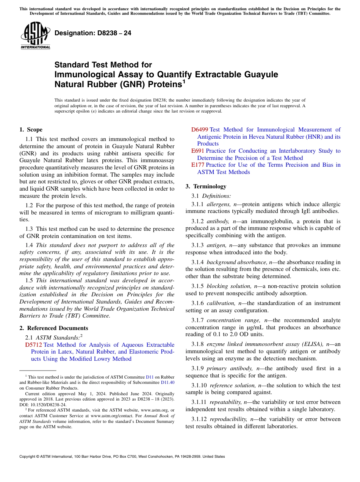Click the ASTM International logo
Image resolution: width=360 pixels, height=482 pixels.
click(x=35, y=36)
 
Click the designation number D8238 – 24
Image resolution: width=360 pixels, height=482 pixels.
click(x=93, y=33)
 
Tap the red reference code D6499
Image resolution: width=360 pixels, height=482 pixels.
click(x=199, y=130)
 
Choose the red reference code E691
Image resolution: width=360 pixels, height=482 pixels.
click(x=197, y=151)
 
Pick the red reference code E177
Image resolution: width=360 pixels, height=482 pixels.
click(x=197, y=165)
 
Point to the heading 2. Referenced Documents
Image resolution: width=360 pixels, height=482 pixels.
click(x=53, y=328)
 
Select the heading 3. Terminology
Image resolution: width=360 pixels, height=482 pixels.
click(x=206, y=186)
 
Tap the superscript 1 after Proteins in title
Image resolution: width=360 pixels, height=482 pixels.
click(x=184, y=81)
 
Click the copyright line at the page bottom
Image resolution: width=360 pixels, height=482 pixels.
click(x=122, y=457)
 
